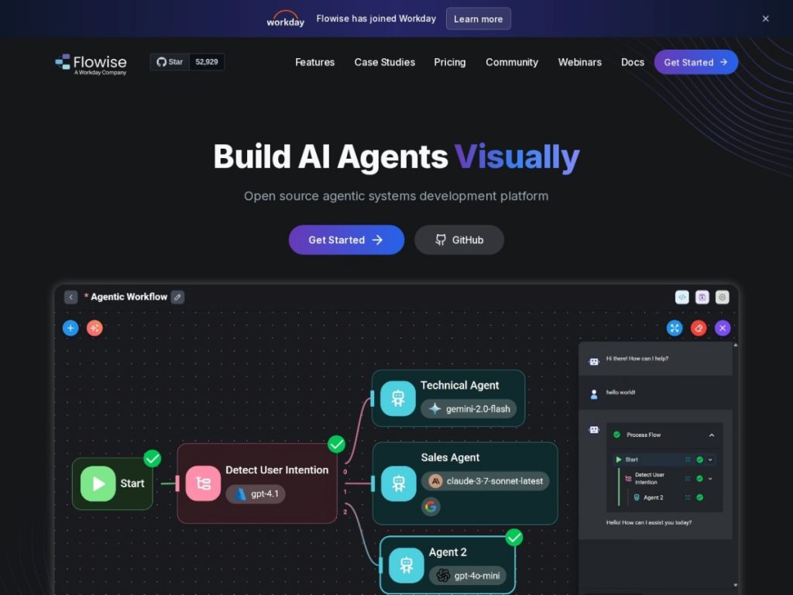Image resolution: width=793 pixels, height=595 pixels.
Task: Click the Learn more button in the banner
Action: pyautogui.click(x=478, y=19)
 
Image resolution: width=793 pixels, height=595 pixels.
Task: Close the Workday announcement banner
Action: pyautogui.click(x=765, y=19)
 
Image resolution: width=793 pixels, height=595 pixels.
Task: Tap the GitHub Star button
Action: pyautogui.click(x=170, y=62)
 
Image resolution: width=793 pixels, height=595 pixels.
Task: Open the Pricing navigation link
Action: pyautogui.click(x=450, y=62)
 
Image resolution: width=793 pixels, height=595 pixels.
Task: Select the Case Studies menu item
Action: pyautogui.click(x=384, y=62)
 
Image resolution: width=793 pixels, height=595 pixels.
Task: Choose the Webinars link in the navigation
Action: pyautogui.click(x=579, y=62)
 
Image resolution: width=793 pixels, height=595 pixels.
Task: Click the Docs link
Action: pyautogui.click(x=632, y=62)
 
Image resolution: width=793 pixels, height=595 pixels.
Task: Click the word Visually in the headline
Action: pyautogui.click(x=517, y=156)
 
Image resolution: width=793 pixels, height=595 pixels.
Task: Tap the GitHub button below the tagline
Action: pyautogui.click(x=459, y=240)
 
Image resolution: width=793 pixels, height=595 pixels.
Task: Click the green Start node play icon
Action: pyautogui.click(x=98, y=483)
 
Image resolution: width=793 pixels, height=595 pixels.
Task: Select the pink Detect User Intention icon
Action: pyautogui.click(x=203, y=483)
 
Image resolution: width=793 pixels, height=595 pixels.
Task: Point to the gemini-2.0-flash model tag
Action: pyautogui.click(x=469, y=409)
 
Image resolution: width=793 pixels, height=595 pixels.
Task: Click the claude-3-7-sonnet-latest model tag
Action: pyautogui.click(x=486, y=481)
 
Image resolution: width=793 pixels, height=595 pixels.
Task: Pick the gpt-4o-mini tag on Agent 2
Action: pyautogui.click(x=468, y=576)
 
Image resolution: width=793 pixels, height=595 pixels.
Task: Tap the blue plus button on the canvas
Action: pyautogui.click(x=70, y=328)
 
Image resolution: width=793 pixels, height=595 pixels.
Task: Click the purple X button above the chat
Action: pyautogui.click(x=723, y=328)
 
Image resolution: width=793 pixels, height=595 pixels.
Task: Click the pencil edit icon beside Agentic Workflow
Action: pyautogui.click(x=177, y=297)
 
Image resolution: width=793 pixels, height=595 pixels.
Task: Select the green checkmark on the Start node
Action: pyautogui.click(x=153, y=459)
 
